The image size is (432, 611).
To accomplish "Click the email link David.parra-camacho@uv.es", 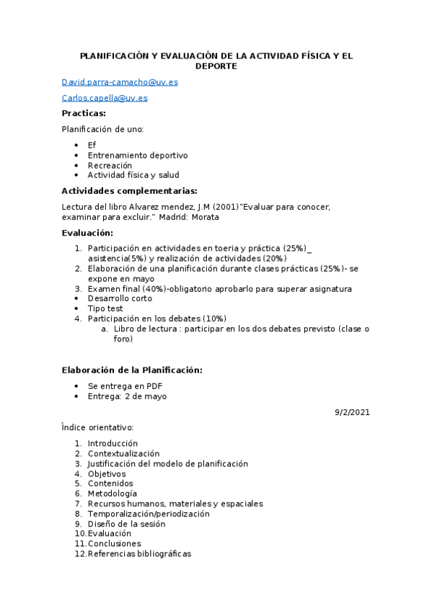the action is pyautogui.click(x=120, y=82).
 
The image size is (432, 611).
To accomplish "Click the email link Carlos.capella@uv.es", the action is pyautogui.click(x=105, y=98).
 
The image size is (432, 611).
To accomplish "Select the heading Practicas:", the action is pyautogui.click(x=84, y=114).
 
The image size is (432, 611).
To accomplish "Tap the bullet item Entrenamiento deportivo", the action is pyautogui.click(x=138, y=155).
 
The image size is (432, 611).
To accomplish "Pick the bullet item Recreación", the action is pyautogui.click(x=110, y=165).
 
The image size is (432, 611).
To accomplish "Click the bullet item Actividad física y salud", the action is pyautogui.click(x=133, y=175).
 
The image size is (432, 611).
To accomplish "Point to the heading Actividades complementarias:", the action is pyautogui.click(x=129, y=191).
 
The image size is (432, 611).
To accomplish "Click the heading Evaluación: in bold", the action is pyautogui.click(x=87, y=233).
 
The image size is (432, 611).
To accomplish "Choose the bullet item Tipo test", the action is pyautogui.click(x=105, y=308).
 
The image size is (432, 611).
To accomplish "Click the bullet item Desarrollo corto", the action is pyautogui.click(x=120, y=299).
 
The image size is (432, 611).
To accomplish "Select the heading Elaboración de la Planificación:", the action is pyautogui.click(x=132, y=370).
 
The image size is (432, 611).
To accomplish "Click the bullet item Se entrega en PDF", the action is pyautogui.click(x=125, y=386).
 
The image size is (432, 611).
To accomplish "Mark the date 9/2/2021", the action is pyautogui.click(x=352, y=412).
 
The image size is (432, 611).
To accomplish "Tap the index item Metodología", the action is pyautogui.click(x=112, y=494).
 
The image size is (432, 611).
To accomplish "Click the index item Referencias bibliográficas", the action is pyautogui.click(x=139, y=554).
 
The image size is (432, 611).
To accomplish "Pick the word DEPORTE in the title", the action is pyautogui.click(x=216, y=66).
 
